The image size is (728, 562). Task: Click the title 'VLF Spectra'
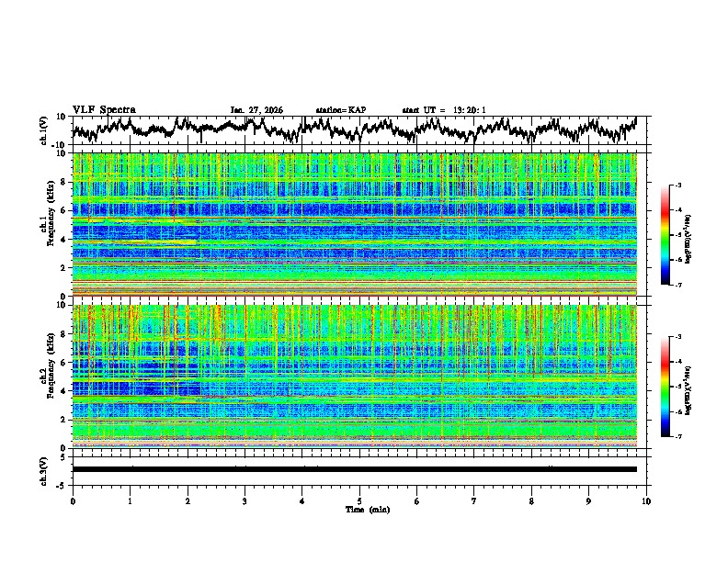click(104, 109)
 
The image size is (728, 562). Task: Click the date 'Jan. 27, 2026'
click(256, 110)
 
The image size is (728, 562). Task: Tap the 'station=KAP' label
click(341, 110)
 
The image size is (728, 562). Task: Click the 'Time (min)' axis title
click(359, 509)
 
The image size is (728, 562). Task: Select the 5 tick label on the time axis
click(359, 500)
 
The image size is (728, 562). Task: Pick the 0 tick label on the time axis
click(73, 500)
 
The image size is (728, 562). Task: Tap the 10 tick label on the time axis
click(646, 500)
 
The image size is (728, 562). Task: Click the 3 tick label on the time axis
click(245, 500)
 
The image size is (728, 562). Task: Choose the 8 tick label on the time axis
click(531, 500)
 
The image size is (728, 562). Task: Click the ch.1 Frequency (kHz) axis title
click(49, 224)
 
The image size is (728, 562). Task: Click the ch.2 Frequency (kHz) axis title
click(49, 376)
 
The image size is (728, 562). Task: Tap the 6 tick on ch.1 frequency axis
click(63, 210)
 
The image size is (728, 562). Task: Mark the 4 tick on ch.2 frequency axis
click(63, 390)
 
